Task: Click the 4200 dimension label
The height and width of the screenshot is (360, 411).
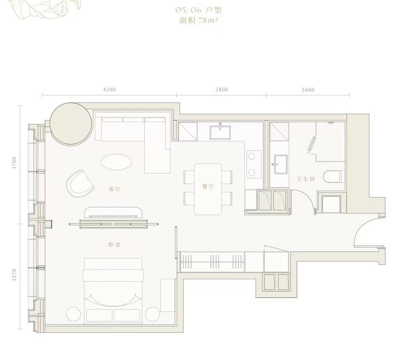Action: [x=109, y=89]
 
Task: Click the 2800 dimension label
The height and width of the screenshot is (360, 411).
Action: [x=222, y=89]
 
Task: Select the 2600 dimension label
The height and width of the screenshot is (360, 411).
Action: [x=308, y=90]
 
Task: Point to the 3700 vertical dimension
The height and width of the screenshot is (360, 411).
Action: [x=14, y=163]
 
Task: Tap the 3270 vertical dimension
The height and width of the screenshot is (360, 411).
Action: [x=14, y=275]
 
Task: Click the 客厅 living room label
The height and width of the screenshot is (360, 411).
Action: [x=115, y=189]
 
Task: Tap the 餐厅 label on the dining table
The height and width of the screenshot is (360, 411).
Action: [x=208, y=186]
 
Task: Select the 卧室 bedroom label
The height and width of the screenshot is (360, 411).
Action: [x=115, y=245]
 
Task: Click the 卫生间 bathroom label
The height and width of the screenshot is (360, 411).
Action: [x=306, y=179]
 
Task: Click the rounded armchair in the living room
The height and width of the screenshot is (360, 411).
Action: [x=81, y=184]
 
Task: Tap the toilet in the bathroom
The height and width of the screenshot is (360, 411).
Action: [x=334, y=177]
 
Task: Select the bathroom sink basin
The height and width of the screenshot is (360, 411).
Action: [x=281, y=164]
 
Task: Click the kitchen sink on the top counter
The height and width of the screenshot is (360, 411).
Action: [x=220, y=132]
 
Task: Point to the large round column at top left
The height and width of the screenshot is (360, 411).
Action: [x=71, y=124]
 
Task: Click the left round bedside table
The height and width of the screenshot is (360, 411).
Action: [x=74, y=314]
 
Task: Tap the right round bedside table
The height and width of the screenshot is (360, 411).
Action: [x=152, y=314]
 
